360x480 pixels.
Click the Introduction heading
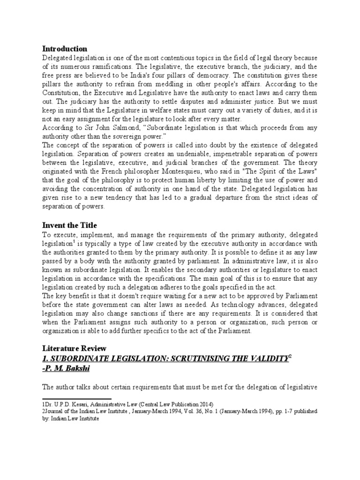click(x=65, y=49)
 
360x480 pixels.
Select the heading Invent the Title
click(x=70, y=225)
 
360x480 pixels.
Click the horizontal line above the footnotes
click(x=76, y=399)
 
